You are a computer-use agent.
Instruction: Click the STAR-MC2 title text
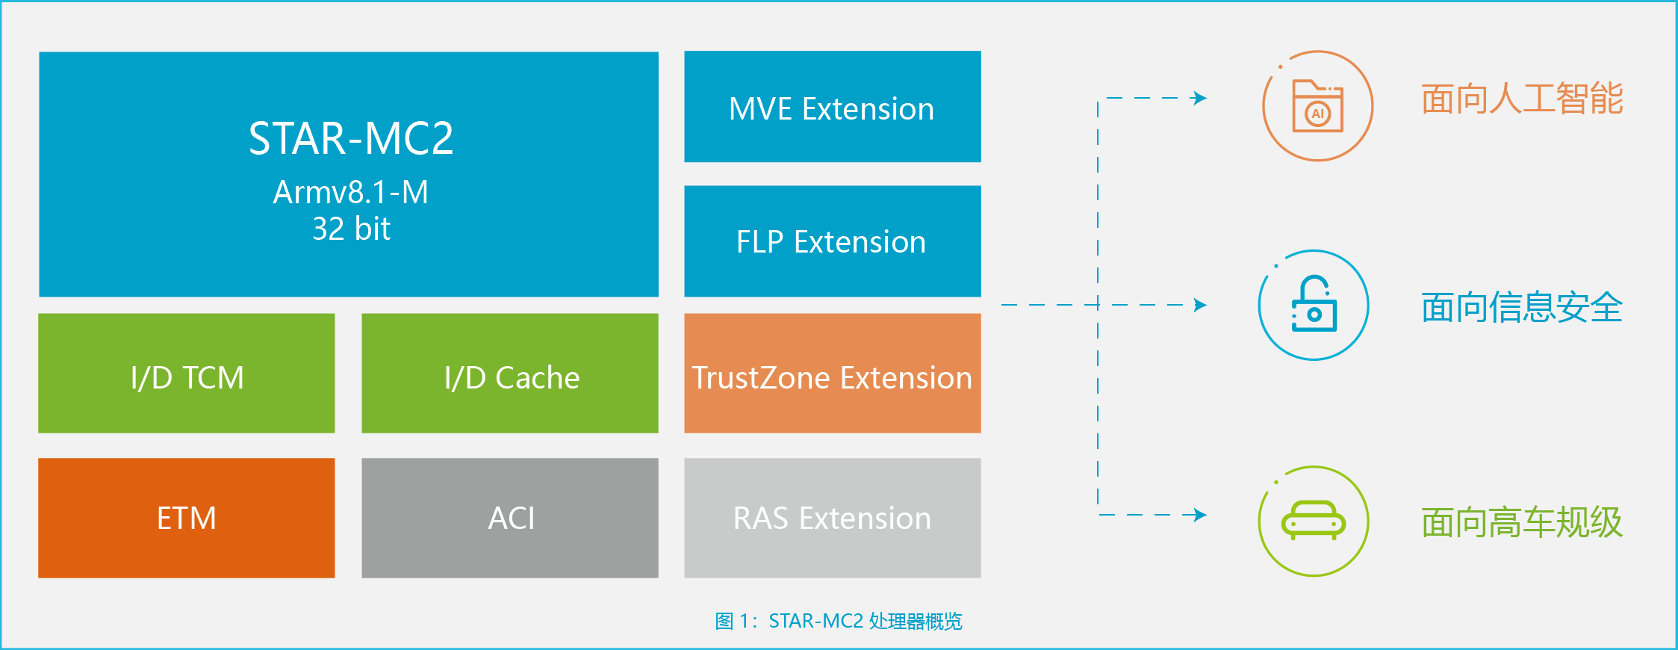[350, 138]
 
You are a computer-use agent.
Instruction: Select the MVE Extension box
[832, 107]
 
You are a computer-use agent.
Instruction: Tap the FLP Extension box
[832, 241]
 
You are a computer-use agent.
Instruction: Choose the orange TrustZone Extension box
[832, 374]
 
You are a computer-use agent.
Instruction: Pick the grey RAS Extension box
[832, 518]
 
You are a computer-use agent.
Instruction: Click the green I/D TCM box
[187, 374]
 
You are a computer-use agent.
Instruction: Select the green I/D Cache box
[510, 374]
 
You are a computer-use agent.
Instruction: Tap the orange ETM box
[187, 518]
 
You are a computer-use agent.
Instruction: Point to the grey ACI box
[510, 518]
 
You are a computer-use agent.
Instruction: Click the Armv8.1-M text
[350, 192]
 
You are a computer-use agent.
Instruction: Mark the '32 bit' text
[351, 229]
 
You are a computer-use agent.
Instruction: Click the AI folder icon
[1317, 106]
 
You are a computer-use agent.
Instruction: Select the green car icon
[1313, 521]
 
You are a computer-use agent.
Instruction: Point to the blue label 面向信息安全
[1522, 308]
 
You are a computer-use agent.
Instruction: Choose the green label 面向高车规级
[1522, 522]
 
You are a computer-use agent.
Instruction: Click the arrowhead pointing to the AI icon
[1200, 98]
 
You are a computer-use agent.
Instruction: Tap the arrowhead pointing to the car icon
[1200, 515]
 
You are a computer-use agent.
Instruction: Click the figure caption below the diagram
[839, 621]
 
